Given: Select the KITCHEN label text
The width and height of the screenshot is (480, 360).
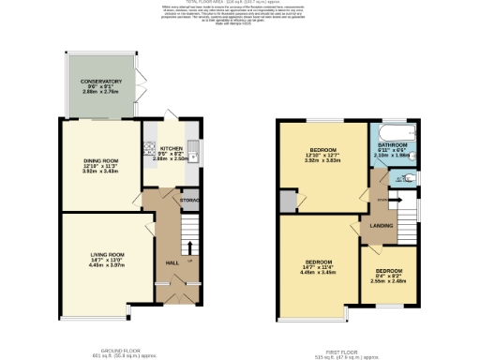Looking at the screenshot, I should pos(171,148).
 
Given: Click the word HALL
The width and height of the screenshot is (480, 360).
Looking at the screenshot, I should pos(172,262).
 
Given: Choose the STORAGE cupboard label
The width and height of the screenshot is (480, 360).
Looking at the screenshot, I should pos(190,199).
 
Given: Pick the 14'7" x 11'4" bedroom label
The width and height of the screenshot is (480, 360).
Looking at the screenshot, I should pos(314,262).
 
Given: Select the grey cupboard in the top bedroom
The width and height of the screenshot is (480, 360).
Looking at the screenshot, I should pos(286,200).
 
